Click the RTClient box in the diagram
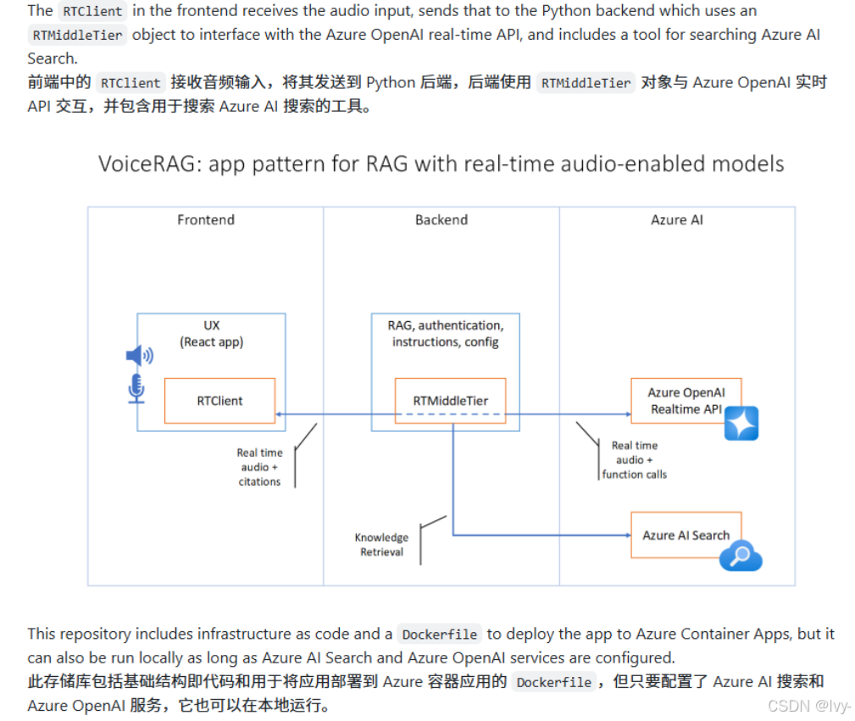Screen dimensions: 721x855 tap(219, 401)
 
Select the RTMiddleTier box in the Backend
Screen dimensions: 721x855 tap(450, 401)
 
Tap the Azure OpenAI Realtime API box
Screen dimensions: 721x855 tap(686, 401)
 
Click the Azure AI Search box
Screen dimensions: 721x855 tap(686, 535)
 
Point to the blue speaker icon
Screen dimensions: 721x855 tap(139, 357)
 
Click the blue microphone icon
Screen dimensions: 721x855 tap(136, 387)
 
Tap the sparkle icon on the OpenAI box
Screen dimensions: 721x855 tap(741, 424)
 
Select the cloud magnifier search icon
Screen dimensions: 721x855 tap(741, 556)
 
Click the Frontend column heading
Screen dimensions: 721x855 tap(206, 219)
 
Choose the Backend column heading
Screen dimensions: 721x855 tap(441, 219)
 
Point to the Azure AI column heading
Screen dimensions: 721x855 tap(677, 219)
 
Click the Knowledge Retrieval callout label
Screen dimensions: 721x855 tap(381, 545)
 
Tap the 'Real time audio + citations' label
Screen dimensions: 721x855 tap(259, 467)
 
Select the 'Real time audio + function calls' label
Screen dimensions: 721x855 tap(634, 460)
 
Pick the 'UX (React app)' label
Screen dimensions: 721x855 tap(211, 333)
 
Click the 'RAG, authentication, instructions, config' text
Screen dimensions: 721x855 tap(445, 333)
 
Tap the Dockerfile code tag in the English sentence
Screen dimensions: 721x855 tap(440, 635)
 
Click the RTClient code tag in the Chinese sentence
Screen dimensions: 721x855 tap(130, 83)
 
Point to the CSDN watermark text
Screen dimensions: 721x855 tap(808, 706)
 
